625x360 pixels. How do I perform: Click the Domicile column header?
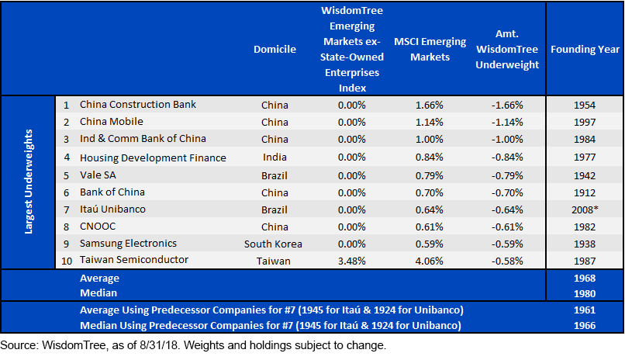click(275, 50)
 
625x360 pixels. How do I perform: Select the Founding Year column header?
click(585, 50)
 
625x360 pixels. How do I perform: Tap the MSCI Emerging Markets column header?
click(430, 50)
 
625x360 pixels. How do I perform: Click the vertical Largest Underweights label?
click(28, 182)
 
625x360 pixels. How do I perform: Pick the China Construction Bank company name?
click(137, 105)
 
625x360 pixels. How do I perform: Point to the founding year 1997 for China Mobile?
click(585, 122)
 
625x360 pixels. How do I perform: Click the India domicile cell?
click(275, 157)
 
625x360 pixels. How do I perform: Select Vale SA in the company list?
click(98, 175)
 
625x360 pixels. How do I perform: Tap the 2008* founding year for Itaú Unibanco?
click(585, 209)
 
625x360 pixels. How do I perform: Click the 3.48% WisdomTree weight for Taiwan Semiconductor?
click(351, 261)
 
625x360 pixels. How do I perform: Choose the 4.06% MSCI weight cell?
click(430, 261)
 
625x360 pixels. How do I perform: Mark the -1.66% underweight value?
click(507, 106)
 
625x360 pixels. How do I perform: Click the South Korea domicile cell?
click(273, 244)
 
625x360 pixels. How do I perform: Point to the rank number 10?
click(67, 261)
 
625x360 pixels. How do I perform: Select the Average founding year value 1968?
click(585, 279)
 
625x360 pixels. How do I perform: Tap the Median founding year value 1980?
click(585, 294)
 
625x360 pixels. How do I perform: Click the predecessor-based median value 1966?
click(585, 326)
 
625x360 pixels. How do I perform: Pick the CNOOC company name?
click(98, 227)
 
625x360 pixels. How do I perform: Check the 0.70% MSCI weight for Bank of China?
click(430, 193)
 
